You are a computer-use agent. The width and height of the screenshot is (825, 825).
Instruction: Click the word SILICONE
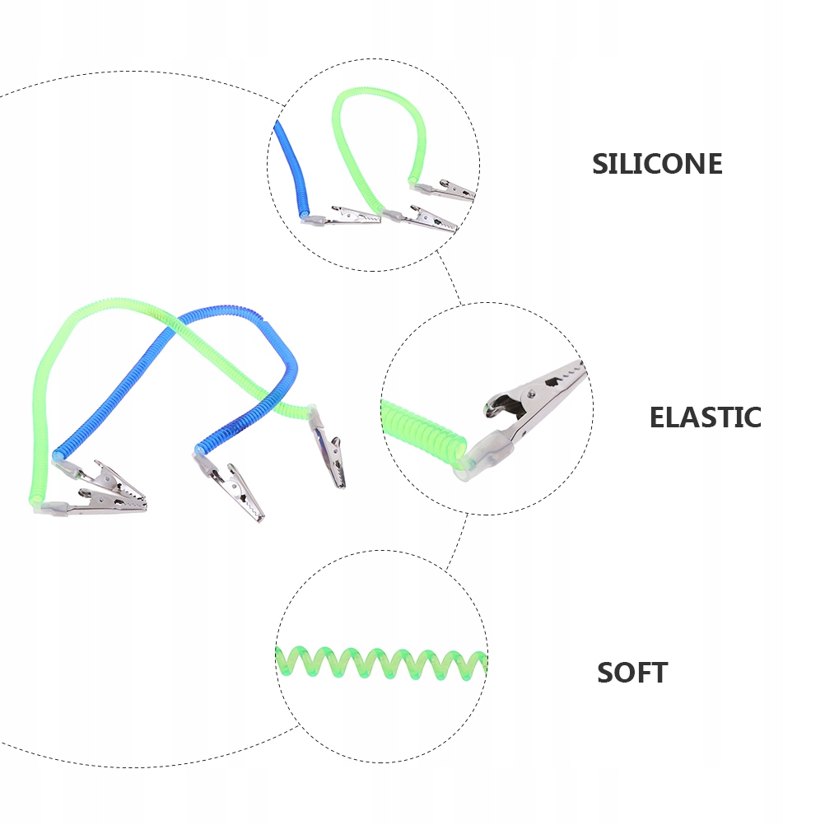pyautogui.click(x=657, y=164)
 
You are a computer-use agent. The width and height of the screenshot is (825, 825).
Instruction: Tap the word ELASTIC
pyautogui.click(x=705, y=417)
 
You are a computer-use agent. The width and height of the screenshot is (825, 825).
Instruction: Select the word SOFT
pyautogui.click(x=632, y=673)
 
